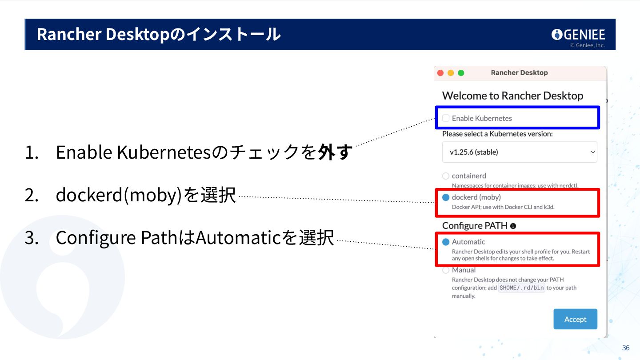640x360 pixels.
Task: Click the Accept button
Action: [575, 319]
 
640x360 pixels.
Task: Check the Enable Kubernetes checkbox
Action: [446, 118]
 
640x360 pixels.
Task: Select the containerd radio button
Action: [446, 176]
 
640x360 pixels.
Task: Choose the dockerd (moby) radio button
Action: [446, 197]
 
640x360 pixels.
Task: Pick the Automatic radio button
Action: [446, 242]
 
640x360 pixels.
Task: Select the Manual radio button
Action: [446, 270]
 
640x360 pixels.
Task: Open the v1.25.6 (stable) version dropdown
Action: [520, 152]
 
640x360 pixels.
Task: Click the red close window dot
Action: [440, 73]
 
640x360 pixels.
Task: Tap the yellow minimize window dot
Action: [451, 73]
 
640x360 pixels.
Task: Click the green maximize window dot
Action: [461, 73]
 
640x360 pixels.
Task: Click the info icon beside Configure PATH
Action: [513, 226]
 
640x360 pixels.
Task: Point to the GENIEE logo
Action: [578, 34]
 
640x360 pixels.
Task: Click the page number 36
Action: [626, 348]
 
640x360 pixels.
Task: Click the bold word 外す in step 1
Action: [335, 152]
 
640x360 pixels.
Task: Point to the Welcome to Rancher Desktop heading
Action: [512, 96]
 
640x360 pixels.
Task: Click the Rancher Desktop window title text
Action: [519, 72]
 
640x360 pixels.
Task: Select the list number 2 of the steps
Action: [32, 195]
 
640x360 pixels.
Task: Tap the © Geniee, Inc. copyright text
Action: [587, 45]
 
